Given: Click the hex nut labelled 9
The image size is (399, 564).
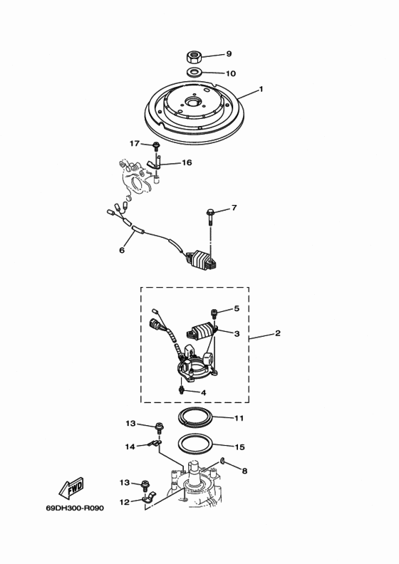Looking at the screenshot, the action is pyautogui.click(x=193, y=57).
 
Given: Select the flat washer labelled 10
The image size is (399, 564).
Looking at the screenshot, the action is pyautogui.click(x=194, y=72).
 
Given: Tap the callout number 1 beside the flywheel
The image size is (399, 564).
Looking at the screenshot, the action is pyautogui.click(x=261, y=89).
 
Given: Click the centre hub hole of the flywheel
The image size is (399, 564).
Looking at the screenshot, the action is pyautogui.click(x=193, y=103).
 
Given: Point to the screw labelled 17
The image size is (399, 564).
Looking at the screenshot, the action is pyautogui.click(x=156, y=146).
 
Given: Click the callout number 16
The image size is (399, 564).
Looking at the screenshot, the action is pyautogui.click(x=187, y=162).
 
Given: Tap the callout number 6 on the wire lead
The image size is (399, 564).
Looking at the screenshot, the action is pyautogui.click(x=122, y=250).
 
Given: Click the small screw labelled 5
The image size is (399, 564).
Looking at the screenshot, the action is pyautogui.click(x=214, y=313).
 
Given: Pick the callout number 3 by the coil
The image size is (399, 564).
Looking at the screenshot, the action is pyautogui.click(x=237, y=334).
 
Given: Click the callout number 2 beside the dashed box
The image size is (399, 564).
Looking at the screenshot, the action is pyautogui.click(x=277, y=333).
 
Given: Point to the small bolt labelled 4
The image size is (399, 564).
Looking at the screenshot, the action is pyautogui.click(x=182, y=390).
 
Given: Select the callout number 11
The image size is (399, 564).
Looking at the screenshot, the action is pyautogui.click(x=239, y=418).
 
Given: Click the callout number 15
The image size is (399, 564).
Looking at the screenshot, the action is pyautogui.click(x=239, y=447).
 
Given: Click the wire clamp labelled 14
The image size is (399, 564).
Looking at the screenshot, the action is pyautogui.click(x=155, y=444).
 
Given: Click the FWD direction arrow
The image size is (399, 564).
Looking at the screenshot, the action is pyautogui.click(x=71, y=487).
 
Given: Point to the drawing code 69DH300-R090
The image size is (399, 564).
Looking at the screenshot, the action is pyautogui.click(x=75, y=508).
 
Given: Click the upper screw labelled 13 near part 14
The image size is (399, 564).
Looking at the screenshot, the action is pyautogui.click(x=159, y=427).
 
